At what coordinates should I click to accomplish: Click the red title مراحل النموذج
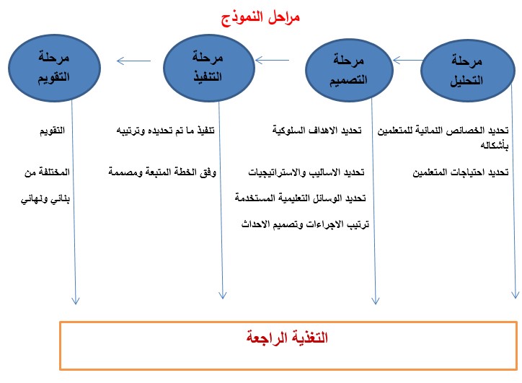[261, 17]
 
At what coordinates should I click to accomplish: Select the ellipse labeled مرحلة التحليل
[468, 70]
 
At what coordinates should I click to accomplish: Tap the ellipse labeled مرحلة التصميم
[349, 70]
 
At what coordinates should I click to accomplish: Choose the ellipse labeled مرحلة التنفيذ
[209, 68]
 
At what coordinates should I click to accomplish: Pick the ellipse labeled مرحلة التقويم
[54, 68]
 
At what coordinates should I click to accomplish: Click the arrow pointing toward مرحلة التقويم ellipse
[133, 61]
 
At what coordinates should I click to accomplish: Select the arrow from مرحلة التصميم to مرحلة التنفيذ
[272, 61]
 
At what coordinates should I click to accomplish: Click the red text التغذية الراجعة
[287, 338]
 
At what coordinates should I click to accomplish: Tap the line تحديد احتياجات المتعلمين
[461, 172]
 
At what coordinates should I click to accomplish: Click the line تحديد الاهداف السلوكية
[317, 130]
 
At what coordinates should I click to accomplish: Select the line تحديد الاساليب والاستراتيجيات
[306, 172]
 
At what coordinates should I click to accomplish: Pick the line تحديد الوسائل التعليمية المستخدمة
[300, 198]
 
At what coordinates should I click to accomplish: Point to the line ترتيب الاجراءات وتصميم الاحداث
[305, 224]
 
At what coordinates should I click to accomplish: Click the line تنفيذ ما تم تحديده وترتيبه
[165, 131]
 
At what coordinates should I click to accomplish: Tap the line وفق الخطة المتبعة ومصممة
[162, 172]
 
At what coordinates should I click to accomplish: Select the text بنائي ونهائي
[45, 199]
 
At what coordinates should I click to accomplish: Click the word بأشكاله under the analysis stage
[495, 145]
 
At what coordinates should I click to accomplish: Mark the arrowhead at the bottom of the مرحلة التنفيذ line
[222, 295]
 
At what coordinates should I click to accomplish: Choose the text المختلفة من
[47, 172]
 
